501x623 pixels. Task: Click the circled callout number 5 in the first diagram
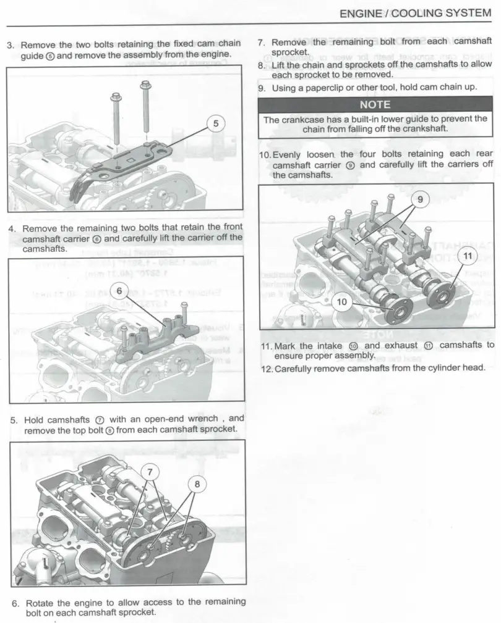215,123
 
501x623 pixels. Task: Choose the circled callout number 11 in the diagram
466,256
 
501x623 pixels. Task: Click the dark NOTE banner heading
375,104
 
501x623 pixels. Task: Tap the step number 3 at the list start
10,45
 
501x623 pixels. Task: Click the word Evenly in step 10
290,154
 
